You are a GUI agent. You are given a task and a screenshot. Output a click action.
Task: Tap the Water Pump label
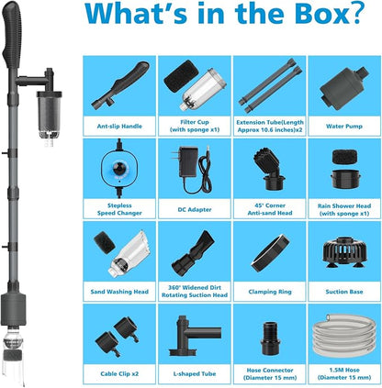click(x=344, y=126)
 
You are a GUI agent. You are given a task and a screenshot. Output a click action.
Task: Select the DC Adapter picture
click(x=195, y=169)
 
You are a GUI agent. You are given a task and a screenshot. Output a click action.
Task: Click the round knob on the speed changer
click(x=118, y=167)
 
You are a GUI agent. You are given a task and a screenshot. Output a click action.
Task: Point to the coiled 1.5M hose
click(x=344, y=336)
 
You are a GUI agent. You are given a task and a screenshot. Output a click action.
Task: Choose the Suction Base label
click(x=344, y=292)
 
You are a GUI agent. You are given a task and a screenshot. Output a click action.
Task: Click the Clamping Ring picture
click(x=270, y=253)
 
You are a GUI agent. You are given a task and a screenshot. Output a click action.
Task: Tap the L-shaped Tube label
click(x=195, y=373)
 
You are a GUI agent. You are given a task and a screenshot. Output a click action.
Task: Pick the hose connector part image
click(x=270, y=338)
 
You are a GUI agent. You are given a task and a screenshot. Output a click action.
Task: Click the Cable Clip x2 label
click(x=119, y=373)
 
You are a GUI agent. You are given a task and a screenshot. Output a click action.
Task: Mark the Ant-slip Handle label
click(x=119, y=126)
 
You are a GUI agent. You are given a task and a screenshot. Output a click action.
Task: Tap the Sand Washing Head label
click(x=119, y=292)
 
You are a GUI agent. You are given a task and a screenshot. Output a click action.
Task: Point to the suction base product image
click(x=344, y=252)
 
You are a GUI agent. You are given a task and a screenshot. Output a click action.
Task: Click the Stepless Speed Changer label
click(x=119, y=209)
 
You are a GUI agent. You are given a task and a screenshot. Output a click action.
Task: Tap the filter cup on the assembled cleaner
click(x=49, y=115)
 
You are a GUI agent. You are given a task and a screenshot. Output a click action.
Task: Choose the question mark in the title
click(x=357, y=13)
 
